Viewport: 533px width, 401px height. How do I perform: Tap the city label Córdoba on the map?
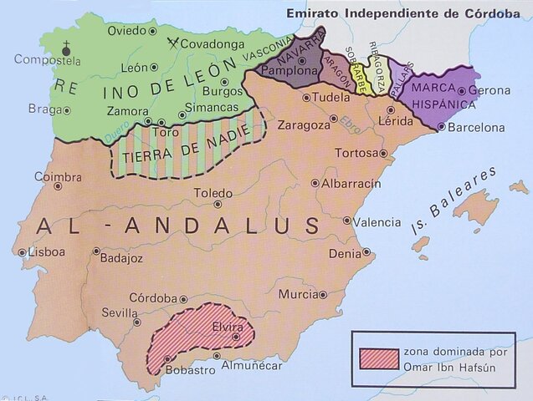(x=152, y=298)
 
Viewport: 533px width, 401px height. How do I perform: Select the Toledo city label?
(x=213, y=193)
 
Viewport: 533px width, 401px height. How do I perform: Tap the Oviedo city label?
(x=126, y=30)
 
